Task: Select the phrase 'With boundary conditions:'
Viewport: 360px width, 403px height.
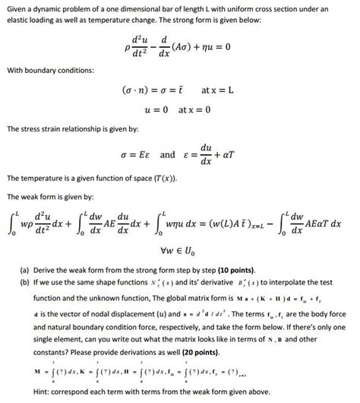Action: [x=49, y=70]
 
